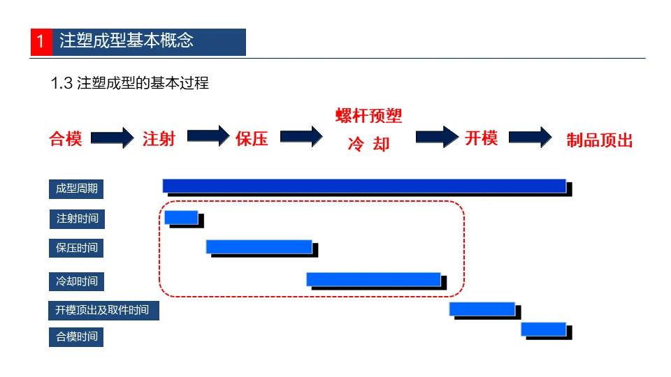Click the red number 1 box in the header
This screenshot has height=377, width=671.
click(41, 42)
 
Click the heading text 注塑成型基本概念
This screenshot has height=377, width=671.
click(127, 41)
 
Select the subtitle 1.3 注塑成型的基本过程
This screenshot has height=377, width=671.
click(130, 83)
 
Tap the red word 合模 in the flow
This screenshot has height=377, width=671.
click(66, 139)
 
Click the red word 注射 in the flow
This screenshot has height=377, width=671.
click(159, 138)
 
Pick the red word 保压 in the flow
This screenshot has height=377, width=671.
click(252, 138)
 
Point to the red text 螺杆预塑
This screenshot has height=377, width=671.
click(368, 116)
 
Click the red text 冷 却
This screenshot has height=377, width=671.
click(368, 145)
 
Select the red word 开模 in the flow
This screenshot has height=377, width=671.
click(481, 138)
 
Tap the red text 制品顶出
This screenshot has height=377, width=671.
click(599, 140)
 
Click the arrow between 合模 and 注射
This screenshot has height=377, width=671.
click(112, 138)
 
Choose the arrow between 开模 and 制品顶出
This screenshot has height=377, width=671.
click(530, 137)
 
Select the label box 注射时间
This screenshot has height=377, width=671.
click(77, 219)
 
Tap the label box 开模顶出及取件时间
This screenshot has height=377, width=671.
click(103, 309)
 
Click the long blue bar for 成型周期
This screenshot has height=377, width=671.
click(364, 186)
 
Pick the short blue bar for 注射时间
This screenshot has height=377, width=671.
click(181, 217)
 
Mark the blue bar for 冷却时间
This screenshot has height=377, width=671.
click(373, 279)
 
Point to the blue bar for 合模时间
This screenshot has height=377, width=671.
click(543, 329)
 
